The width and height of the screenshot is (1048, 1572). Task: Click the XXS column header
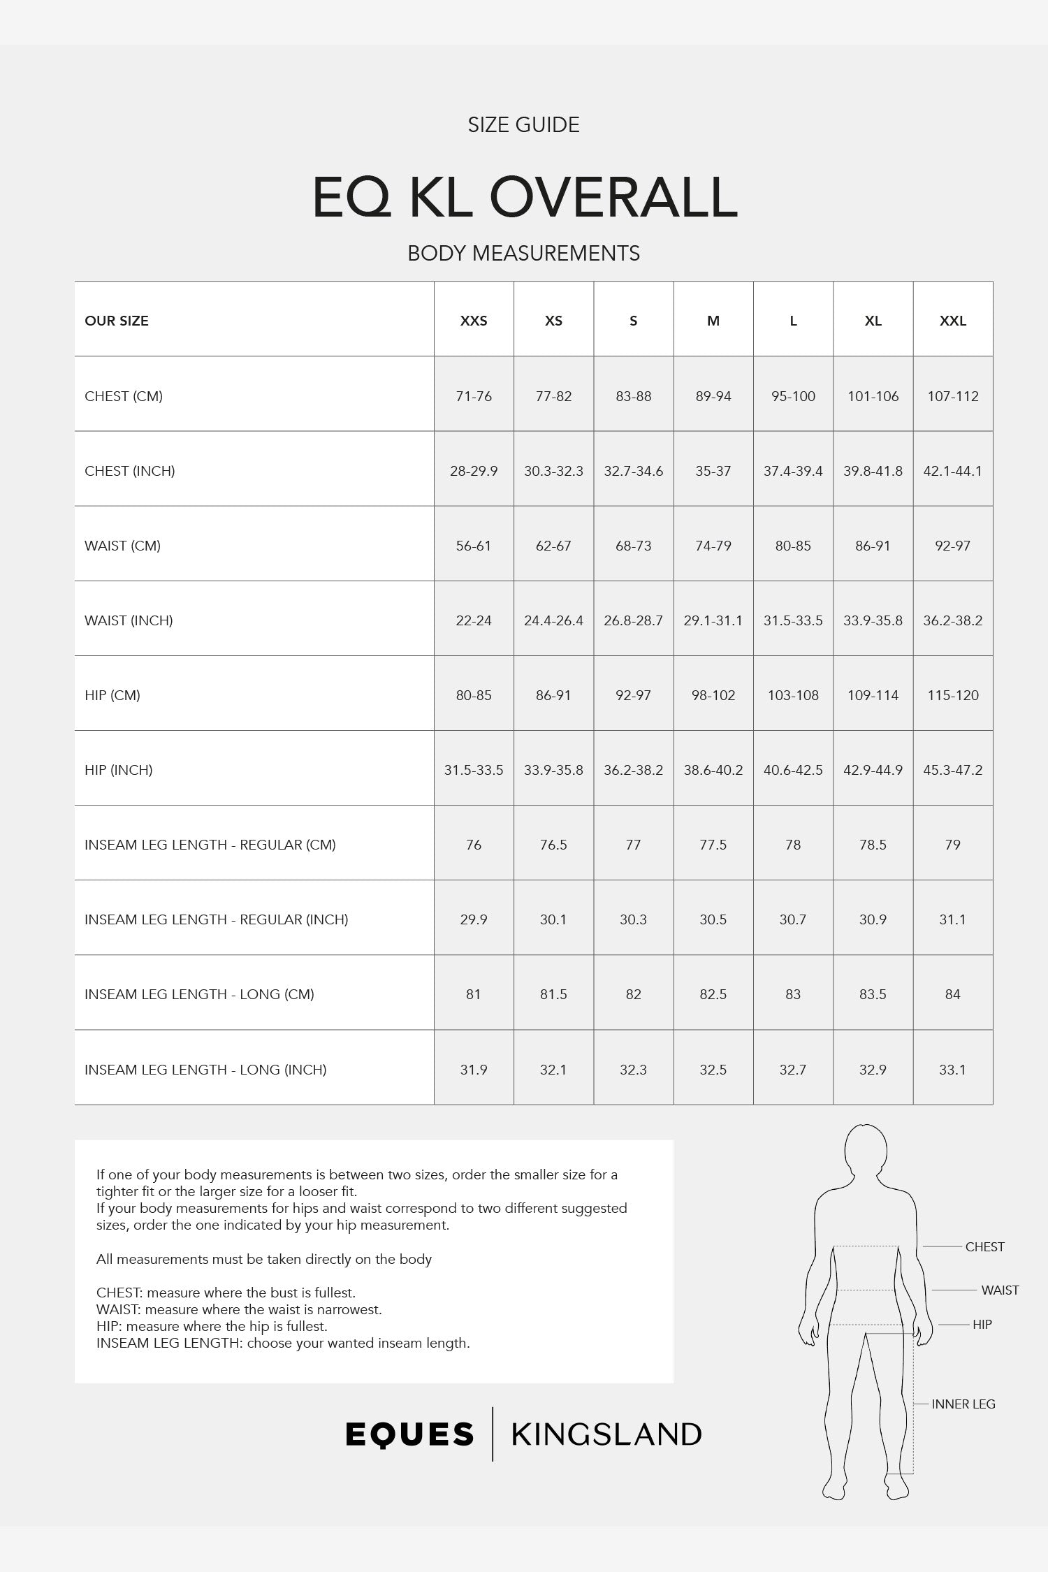(x=474, y=321)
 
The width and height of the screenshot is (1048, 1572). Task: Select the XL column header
(x=873, y=321)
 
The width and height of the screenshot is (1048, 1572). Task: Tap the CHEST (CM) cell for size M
(x=713, y=396)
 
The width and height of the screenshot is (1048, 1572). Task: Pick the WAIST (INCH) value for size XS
(x=553, y=620)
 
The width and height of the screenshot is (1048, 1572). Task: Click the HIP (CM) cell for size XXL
(x=953, y=695)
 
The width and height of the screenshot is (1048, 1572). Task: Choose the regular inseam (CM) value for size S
(x=633, y=845)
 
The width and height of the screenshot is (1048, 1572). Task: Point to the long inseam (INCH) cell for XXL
(x=953, y=1070)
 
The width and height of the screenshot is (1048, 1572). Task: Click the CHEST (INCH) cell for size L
(x=793, y=471)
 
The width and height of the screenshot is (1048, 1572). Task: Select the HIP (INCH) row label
(x=119, y=770)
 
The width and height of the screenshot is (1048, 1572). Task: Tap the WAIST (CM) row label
(x=123, y=546)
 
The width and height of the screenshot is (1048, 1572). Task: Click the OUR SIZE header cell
(x=117, y=321)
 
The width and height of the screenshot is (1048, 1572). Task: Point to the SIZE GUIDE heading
(x=524, y=125)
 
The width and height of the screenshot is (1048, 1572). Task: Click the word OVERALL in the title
(x=613, y=198)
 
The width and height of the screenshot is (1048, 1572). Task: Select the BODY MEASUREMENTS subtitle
(x=524, y=253)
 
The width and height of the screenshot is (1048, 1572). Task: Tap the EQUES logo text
(x=410, y=1434)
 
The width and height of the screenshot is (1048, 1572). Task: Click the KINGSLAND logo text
(x=606, y=1434)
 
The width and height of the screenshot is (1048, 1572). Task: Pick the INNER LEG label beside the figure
(x=963, y=1404)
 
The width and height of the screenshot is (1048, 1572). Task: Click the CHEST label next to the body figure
(x=984, y=1246)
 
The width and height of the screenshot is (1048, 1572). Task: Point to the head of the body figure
(x=866, y=1151)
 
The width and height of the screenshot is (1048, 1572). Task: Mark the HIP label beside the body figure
(x=982, y=1324)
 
